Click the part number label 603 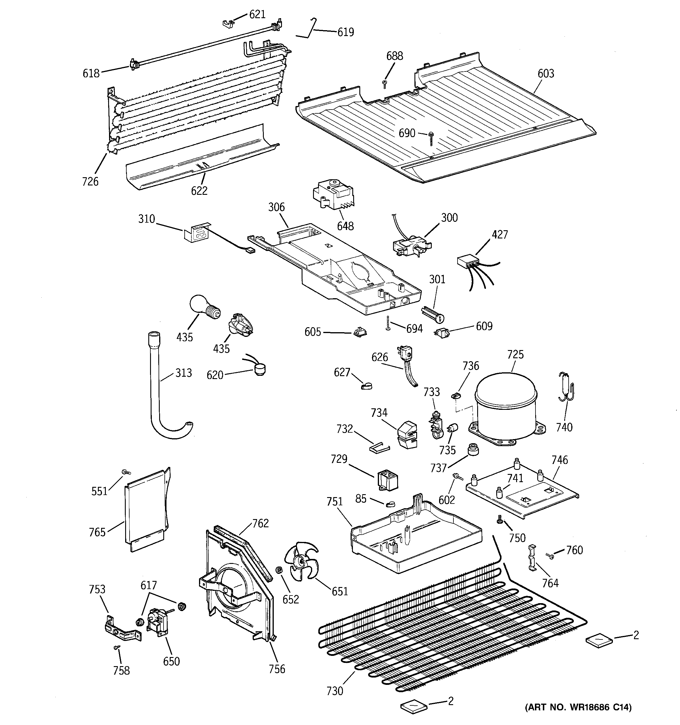coord(546,73)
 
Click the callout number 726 coord(90,181)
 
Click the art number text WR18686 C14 coord(578,717)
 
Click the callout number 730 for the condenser coord(335,690)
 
